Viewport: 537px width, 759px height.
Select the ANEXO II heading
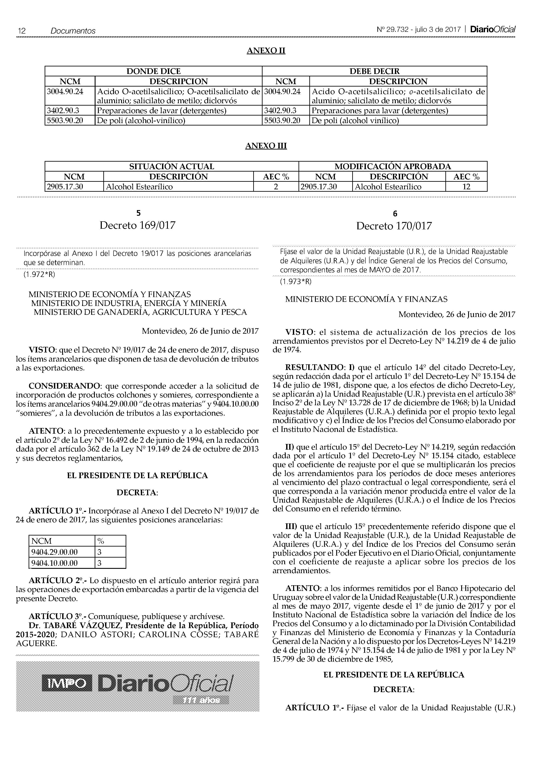click(x=266, y=51)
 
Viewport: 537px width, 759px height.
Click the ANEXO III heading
click(x=266, y=146)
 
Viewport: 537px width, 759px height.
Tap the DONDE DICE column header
click(x=154, y=71)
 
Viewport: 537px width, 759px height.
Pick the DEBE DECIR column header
click(x=374, y=71)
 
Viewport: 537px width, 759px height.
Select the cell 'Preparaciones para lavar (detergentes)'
click(x=380, y=110)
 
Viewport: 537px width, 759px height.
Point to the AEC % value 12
click(x=466, y=187)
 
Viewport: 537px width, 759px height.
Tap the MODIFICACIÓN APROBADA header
click(x=393, y=166)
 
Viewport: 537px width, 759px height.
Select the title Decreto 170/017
click(x=394, y=226)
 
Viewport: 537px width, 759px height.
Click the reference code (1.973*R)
click(x=295, y=282)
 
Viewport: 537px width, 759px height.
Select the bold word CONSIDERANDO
click(x=58, y=386)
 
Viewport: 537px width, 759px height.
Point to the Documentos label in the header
click(x=73, y=31)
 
